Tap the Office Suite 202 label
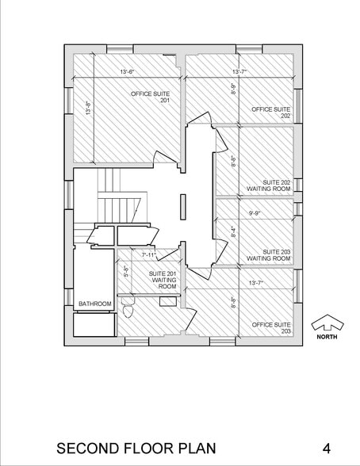point(271,112)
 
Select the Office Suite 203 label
point(271,328)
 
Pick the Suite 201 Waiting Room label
point(163,280)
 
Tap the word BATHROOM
point(94,304)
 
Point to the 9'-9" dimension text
point(255,212)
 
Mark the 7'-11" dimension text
point(149,255)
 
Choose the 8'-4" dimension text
point(233,231)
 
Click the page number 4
point(327,449)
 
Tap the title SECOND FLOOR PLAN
point(136,449)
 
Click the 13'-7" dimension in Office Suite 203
point(255,283)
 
